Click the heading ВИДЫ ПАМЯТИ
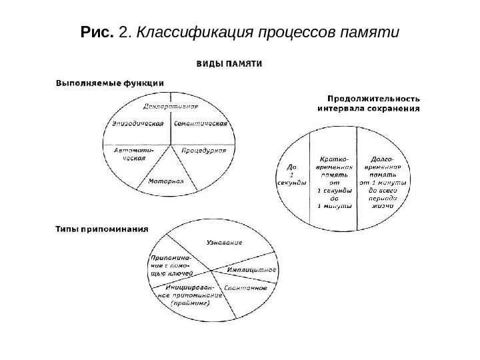(229, 65)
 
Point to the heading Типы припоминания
(101, 227)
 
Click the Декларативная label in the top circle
(171, 106)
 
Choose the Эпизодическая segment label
(138, 123)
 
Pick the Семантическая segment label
(201, 123)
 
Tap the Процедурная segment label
(204, 150)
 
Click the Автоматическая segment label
(131, 154)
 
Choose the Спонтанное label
(246, 288)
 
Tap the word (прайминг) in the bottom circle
(190, 303)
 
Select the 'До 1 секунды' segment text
(291, 175)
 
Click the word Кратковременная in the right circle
(333, 165)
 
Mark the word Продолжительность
(368, 98)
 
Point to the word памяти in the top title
(369, 31)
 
